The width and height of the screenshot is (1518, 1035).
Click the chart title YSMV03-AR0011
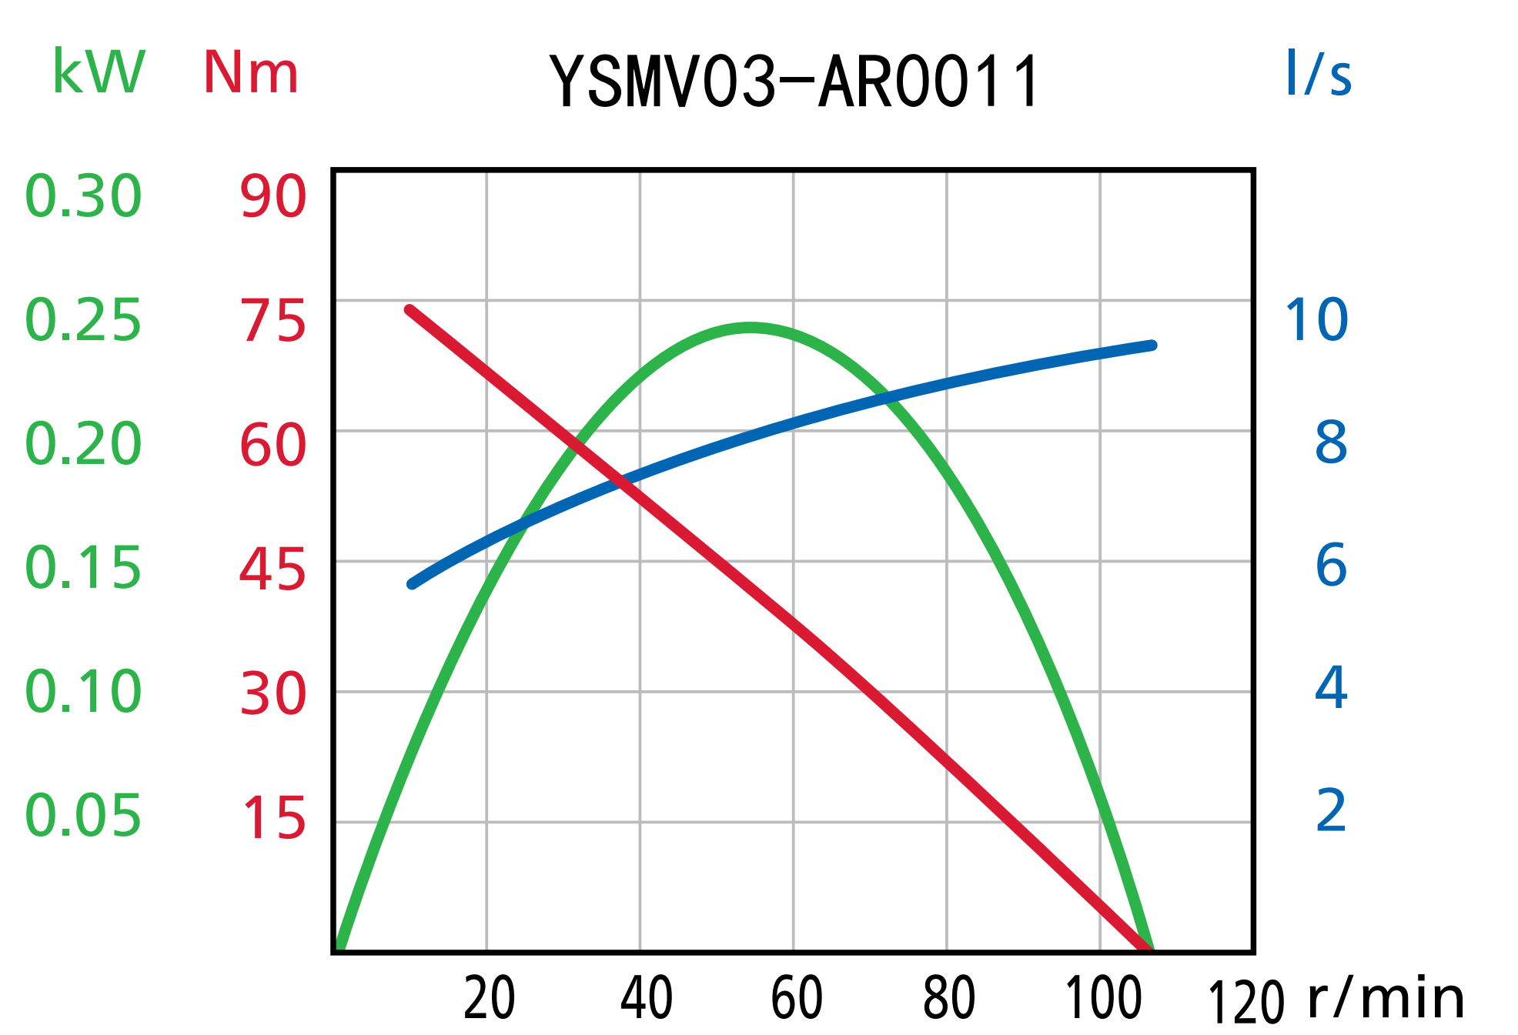click(x=794, y=82)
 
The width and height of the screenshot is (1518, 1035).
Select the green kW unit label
click(x=99, y=72)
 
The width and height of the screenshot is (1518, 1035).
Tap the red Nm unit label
click(x=250, y=73)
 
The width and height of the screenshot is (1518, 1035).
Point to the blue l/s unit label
click(x=1318, y=73)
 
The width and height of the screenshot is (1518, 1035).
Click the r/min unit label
click(x=1386, y=999)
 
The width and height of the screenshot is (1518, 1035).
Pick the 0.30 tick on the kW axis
click(x=83, y=196)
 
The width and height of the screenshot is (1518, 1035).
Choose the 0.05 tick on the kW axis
click(x=83, y=816)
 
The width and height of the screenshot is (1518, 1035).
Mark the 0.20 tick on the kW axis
click(x=83, y=444)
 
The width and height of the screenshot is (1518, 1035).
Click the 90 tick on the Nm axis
click(x=273, y=196)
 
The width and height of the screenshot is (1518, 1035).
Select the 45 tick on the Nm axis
click(x=273, y=570)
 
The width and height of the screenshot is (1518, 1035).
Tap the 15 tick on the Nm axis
click(x=274, y=817)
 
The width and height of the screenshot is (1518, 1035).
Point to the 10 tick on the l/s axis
click(x=1316, y=319)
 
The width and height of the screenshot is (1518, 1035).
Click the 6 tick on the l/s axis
click(x=1331, y=566)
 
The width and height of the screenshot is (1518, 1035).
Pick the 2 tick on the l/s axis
click(x=1331, y=810)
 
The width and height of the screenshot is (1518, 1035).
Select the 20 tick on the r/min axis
click(x=490, y=999)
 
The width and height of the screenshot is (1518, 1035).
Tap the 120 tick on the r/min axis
click(x=1246, y=1003)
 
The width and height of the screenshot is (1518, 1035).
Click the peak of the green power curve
click(x=750, y=328)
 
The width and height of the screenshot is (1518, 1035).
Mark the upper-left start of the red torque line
click(x=410, y=310)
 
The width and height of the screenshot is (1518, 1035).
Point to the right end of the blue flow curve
click(x=1152, y=346)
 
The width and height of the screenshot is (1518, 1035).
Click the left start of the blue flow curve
click(x=413, y=584)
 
